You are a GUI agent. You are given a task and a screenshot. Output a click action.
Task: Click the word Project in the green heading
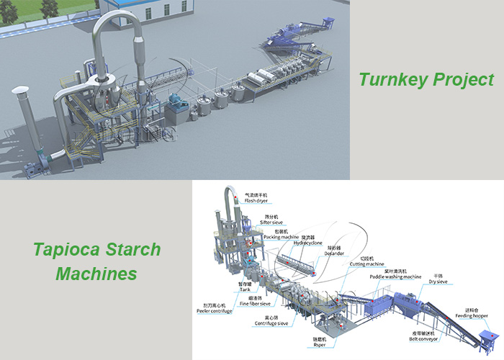[x=461, y=79]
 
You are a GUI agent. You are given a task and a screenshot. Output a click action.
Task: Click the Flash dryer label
[x=256, y=201]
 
